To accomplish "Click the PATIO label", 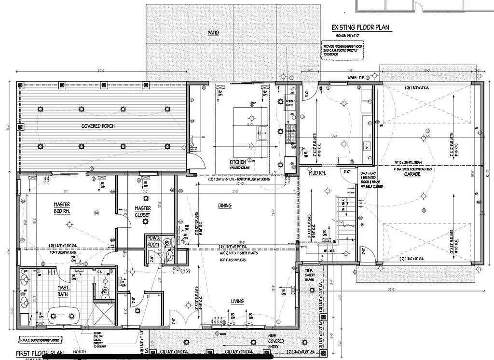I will click(213, 33).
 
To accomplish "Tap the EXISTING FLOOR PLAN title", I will click(360, 28).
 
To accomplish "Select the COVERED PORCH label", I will click(98, 126).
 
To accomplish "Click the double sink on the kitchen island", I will click(262, 130).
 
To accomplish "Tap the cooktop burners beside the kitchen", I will click(290, 134).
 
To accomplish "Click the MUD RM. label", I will click(316, 172).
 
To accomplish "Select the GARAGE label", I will click(412, 174).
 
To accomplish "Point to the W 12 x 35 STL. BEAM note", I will click(412, 163).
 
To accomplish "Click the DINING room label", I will click(224, 206).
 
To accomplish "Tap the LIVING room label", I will click(237, 301).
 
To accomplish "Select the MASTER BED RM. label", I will click(62, 208).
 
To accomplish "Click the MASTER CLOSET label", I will click(143, 211).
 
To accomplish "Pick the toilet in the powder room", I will click(167, 243).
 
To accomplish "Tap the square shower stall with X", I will click(104, 313).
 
